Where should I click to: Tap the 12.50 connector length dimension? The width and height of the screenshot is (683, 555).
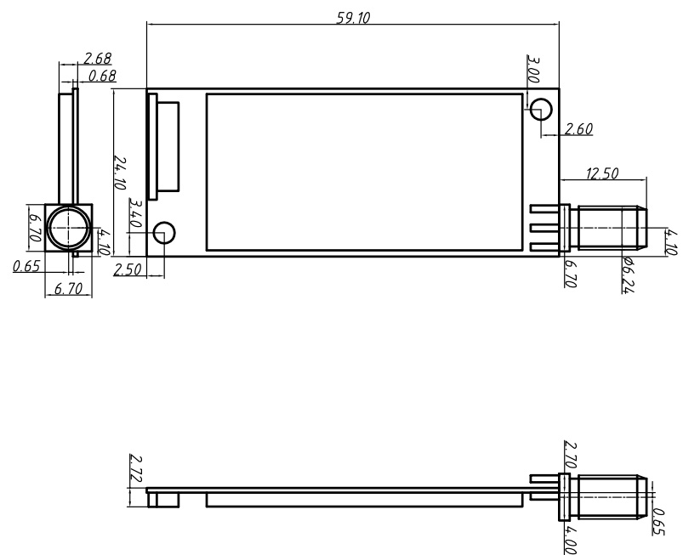(602, 174)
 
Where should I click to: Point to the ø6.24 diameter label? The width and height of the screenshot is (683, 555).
(629, 273)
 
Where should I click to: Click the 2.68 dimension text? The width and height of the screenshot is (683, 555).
(99, 59)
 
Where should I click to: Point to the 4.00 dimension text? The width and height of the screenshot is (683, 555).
(571, 541)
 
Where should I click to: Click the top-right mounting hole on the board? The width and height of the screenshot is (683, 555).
(541, 108)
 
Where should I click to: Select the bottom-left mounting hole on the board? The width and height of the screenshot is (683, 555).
(165, 232)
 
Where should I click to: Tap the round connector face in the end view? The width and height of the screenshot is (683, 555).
(67, 227)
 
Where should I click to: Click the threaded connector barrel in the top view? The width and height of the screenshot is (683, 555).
(606, 228)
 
